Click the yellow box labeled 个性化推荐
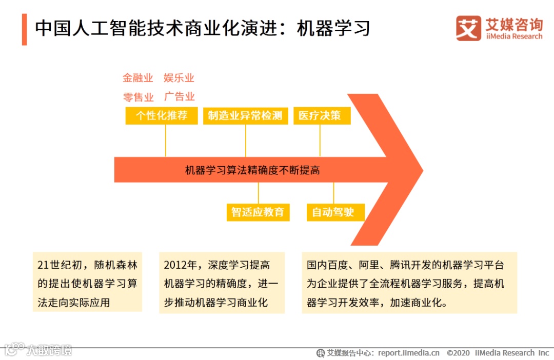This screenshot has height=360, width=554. tap(161, 115)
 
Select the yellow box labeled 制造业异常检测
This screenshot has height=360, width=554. tap(245, 115)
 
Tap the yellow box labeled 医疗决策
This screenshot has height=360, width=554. tap(322, 115)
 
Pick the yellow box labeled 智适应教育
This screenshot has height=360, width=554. tap(258, 212)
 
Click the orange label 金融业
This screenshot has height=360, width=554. tap(137, 78)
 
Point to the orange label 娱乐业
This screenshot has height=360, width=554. tap(179, 78)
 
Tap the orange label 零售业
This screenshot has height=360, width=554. tap(138, 97)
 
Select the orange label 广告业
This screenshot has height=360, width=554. tap(179, 96)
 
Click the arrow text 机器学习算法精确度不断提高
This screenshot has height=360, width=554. tap(252, 170)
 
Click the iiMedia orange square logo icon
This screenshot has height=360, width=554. tap(468, 28)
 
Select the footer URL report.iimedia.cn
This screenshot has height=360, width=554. tap(408, 353)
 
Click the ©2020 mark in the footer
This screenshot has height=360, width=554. tap(458, 353)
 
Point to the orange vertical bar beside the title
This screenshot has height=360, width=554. tap(24, 29)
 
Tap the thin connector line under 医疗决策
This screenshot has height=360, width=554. tap(320, 140)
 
